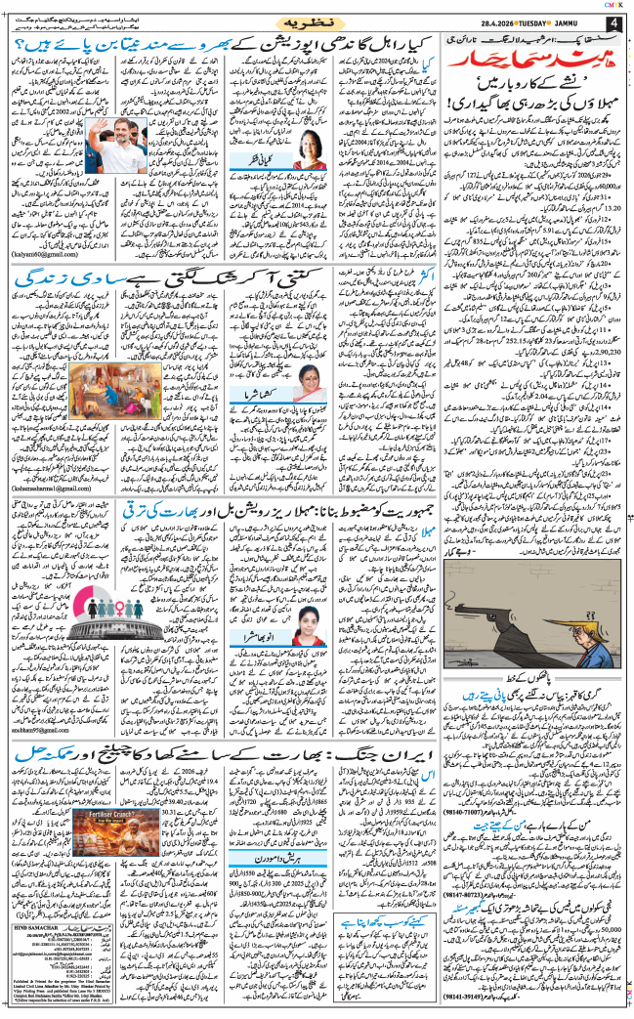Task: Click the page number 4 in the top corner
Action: (613, 21)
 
